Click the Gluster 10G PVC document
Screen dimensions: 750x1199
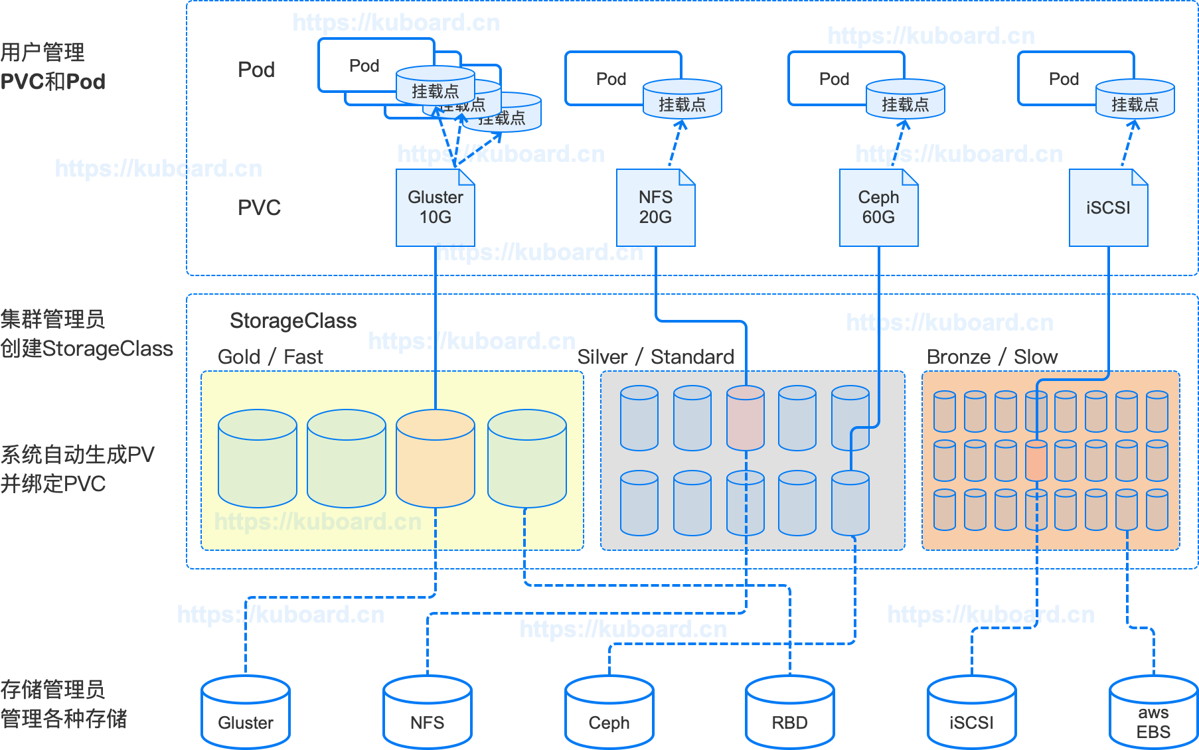pyautogui.click(x=435, y=208)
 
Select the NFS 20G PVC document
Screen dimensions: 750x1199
pyautogui.click(x=655, y=208)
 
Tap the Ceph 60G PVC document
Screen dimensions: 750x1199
pyautogui.click(x=878, y=208)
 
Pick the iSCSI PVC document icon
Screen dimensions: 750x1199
pyautogui.click(x=1108, y=208)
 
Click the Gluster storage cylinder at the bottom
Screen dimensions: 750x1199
pyautogui.click(x=246, y=713)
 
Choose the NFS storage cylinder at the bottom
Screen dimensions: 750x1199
pyautogui.click(x=428, y=713)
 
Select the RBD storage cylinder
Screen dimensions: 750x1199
pyautogui.click(x=789, y=713)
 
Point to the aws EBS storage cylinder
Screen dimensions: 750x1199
pyautogui.click(x=1153, y=713)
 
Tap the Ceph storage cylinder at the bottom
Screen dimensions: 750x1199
pyautogui.click(x=609, y=713)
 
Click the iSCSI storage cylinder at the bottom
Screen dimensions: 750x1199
pyautogui.click(x=971, y=713)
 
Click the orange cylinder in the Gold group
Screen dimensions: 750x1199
pyautogui.click(x=435, y=458)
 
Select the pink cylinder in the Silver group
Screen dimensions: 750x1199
pyautogui.click(x=745, y=418)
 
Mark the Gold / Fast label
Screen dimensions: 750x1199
pyautogui.click(x=270, y=357)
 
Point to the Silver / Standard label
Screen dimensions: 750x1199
pyautogui.click(x=655, y=357)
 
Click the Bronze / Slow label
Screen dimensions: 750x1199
pyautogui.click(x=992, y=357)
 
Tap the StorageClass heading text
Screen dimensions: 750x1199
pyautogui.click(x=293, y=321)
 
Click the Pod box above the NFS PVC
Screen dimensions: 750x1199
pyautogui.click(x=611, y=78)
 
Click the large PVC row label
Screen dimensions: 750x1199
pyautogui.click(x=259, y=208)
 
